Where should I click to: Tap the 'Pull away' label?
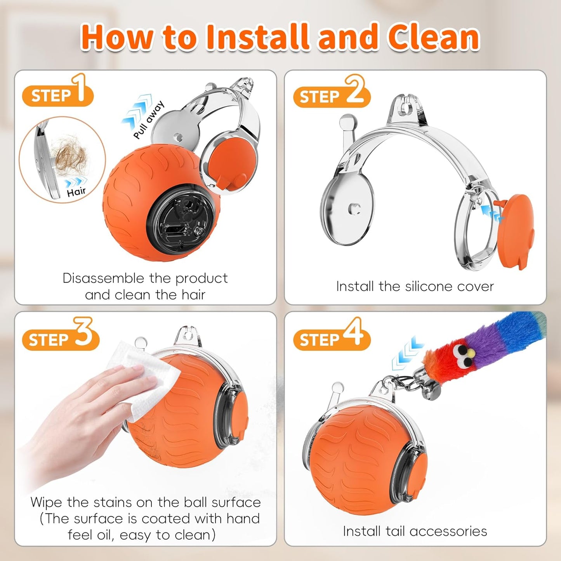(149, 120)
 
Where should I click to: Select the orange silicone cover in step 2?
(515, 231)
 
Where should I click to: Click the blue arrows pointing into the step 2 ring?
(492, 214)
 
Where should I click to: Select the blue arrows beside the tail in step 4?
(407, 353)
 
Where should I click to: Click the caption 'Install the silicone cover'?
(415, 287)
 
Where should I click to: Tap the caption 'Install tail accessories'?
(415, 531)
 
